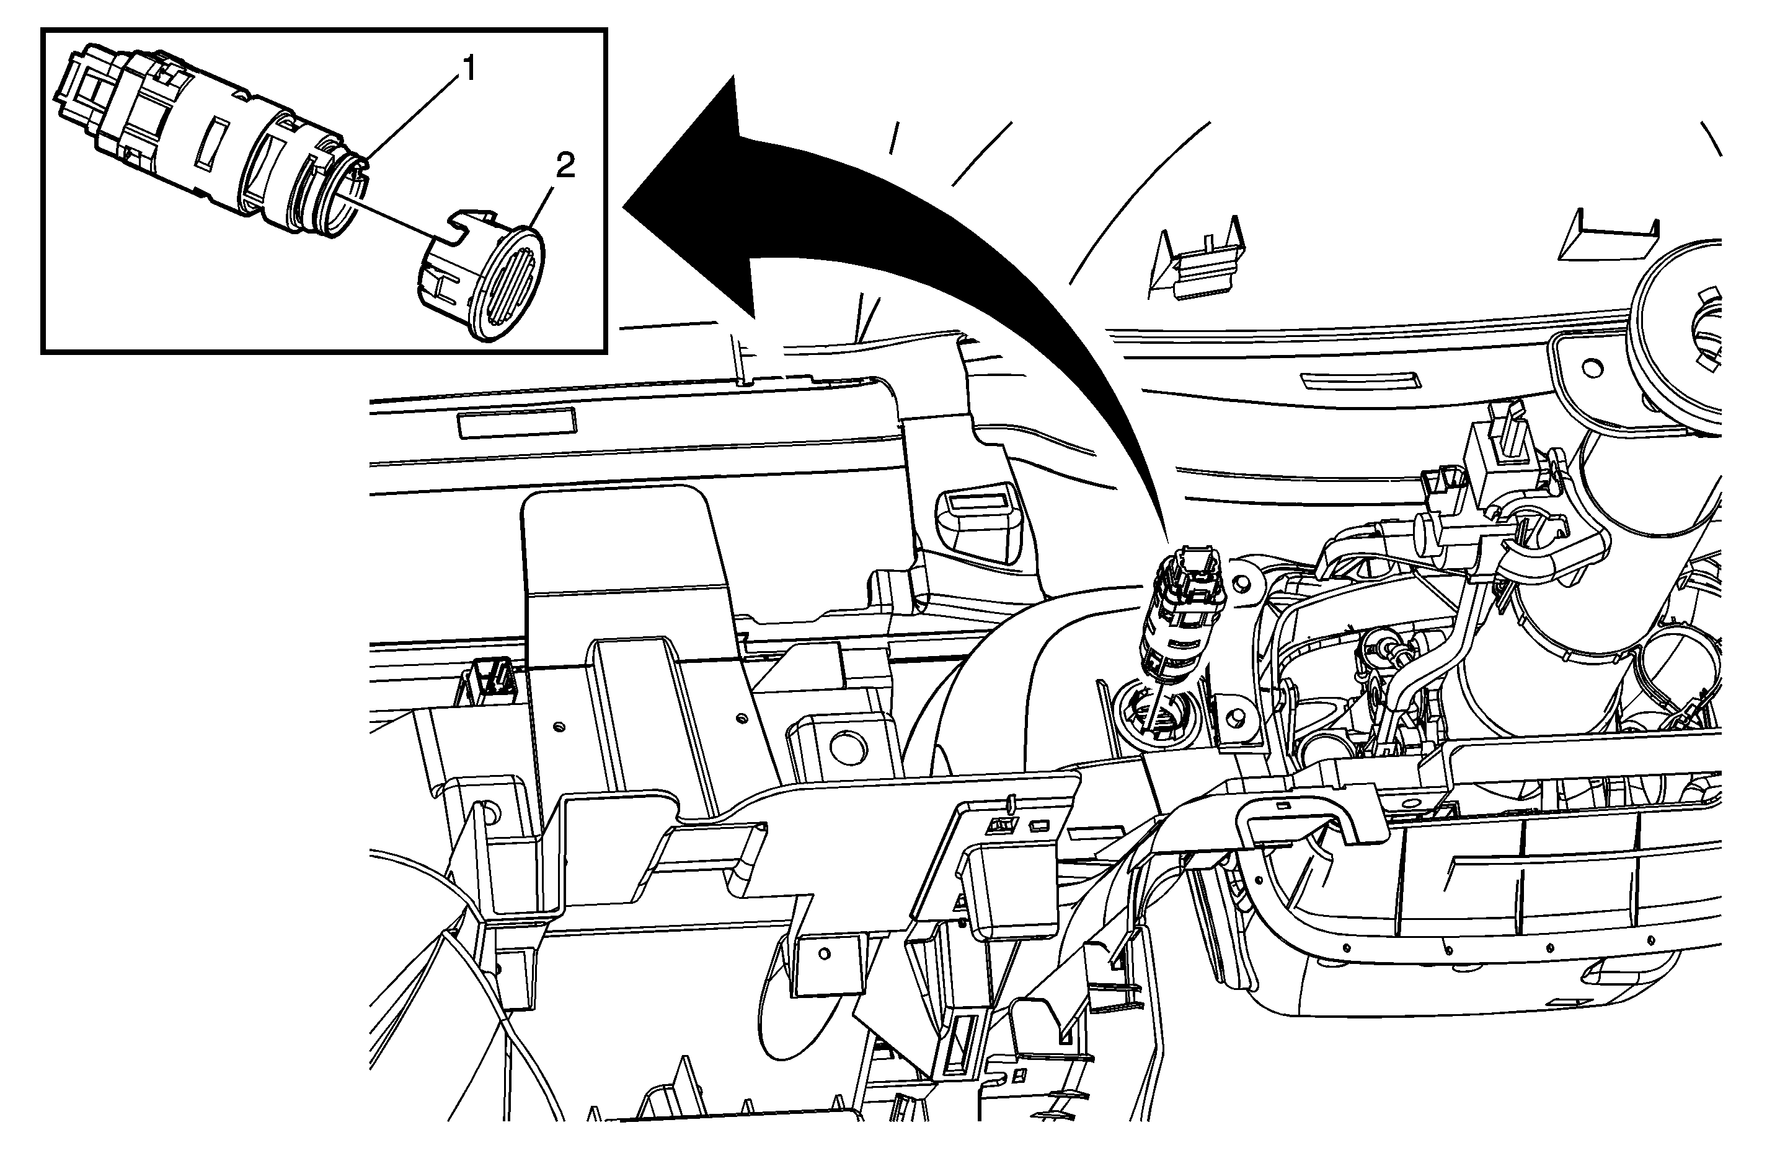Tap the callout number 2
pyautogui.click(x=565, y=165)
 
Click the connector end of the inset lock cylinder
pyautogui.click(x=86, y=90)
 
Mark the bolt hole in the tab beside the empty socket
pyautogui.click(x=1234, y=717)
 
